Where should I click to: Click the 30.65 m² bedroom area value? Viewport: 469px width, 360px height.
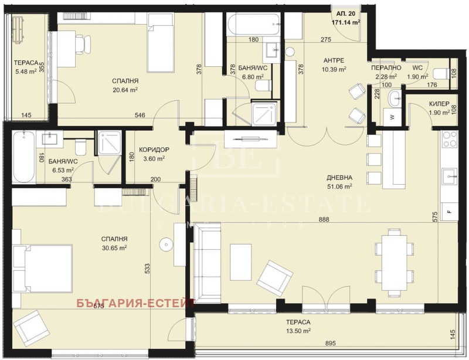tap(114, 248)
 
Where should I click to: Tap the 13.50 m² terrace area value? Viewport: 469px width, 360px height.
tap(298, 331)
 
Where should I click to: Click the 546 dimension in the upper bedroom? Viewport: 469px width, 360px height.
tap(140, 115)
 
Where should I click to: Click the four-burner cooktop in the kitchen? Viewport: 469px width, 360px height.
tap(450, 140)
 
